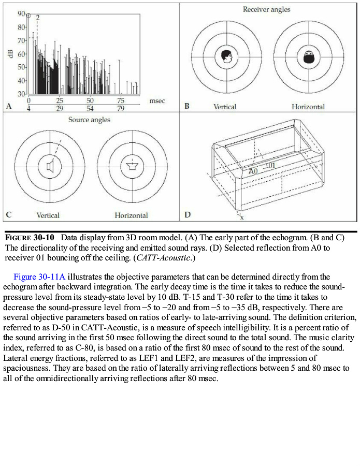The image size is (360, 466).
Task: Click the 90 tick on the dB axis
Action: [x=21, y=13]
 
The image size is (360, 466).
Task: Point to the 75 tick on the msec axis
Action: [x=121, y=100]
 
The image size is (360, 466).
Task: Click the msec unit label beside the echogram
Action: [x=157, y=101]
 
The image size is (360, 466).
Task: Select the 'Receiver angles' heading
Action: [x=267, y=9]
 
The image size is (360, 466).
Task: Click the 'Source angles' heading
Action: [x=89, y=120]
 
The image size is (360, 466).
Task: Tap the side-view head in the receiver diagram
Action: [x=225, y=56]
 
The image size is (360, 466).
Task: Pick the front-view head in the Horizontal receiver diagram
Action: [x=309, y=56]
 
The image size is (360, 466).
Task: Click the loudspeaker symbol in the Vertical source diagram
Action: [x=50, y=166]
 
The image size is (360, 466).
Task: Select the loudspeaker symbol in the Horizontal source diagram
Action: [x=132, y=166]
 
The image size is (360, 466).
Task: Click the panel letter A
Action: [x=9, y=106]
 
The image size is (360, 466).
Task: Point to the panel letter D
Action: [x=187, y=214]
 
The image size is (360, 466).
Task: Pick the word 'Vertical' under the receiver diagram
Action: [x=225, y=107]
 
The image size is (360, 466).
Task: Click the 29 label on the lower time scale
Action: [x=60, y=108]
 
